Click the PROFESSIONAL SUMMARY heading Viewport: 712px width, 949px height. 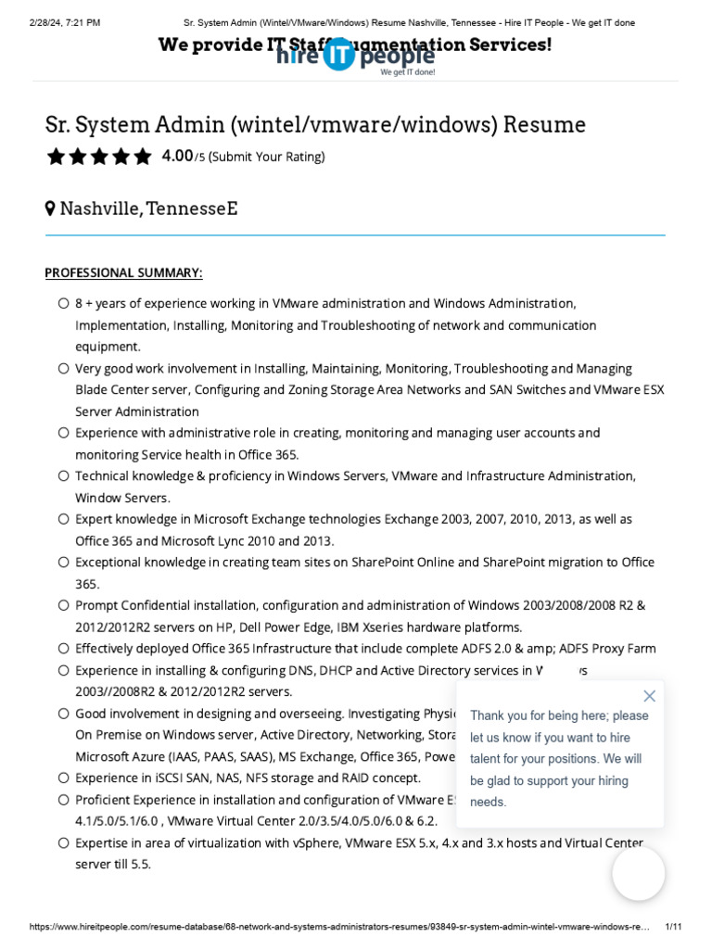tap(123, 272)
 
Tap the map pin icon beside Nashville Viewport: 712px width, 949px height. tap(50, 209)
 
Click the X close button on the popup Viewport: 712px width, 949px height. tap(649, 696)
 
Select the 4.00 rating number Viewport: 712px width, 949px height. tap(177, 156)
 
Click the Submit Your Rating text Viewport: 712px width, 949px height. tap(266, 157)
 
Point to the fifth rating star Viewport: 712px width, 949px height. tap(142, 157)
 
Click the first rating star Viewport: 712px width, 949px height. tap(56, 157)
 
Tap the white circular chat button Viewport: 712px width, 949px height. tap(638, 873)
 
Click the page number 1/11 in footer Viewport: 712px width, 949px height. tap(674, 927)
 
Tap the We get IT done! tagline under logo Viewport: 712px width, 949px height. tap(407, 71)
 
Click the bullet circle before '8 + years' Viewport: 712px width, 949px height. tap(63, 303)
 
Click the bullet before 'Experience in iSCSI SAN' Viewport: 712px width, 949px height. tap(63, 778)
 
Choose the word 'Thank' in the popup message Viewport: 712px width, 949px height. tap(489, 715)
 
